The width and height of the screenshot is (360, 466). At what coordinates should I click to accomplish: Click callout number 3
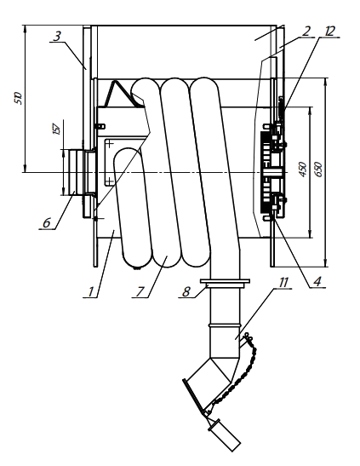57,36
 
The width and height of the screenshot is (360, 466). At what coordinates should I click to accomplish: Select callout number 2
307,31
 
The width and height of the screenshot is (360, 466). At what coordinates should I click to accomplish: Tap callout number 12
329,31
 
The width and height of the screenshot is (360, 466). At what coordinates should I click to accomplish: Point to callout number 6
46,222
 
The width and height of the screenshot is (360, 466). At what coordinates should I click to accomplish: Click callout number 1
91,291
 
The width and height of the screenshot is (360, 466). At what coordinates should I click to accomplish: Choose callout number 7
140,291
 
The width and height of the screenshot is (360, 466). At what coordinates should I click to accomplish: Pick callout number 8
186,291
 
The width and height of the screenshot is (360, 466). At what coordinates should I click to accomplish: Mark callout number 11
283,282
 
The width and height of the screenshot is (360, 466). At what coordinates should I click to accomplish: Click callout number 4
317,281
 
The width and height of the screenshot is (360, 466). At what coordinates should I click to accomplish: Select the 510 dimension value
18,98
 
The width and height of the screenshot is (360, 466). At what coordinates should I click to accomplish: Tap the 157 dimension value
57,128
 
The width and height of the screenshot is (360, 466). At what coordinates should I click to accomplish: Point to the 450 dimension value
302,170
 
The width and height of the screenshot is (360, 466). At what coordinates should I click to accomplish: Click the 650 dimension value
318,170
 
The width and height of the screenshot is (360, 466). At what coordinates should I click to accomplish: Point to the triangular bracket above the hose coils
122,94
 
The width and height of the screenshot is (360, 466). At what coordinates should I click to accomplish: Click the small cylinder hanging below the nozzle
225,435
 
